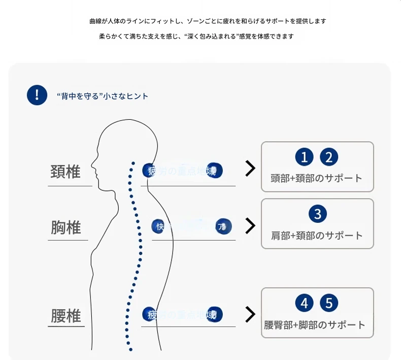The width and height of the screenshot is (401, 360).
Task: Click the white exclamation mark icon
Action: pos(37,95)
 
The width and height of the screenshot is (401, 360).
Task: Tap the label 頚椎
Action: pos(65,172)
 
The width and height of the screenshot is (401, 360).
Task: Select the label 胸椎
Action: pos(66,227)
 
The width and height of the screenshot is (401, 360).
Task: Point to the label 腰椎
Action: pos(66,316)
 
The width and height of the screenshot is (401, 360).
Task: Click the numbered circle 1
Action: pos(304,157)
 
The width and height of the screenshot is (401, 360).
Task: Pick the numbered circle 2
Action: pos(329,157)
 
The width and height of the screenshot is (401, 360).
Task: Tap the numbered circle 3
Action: pos(318,214)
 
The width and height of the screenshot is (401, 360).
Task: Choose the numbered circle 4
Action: pos(304,304)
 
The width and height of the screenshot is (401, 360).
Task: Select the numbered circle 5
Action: pos(329,304)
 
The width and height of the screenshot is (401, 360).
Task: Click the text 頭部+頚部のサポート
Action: pos(317,178)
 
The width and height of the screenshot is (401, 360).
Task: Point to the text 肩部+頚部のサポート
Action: pos(317,236)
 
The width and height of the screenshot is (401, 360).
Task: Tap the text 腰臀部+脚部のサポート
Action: pos(315,325)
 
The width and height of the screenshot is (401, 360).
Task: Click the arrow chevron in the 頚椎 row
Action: pos(250,169)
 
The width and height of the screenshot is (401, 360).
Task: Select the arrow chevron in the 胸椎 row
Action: pos(250,226)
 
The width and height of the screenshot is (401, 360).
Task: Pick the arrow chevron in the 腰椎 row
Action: pos(250,314)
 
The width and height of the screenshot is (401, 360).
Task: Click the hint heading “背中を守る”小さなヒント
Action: pos(103,95)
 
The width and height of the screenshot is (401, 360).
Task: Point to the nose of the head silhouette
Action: pos(92,165)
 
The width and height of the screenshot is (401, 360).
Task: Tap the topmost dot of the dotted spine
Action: pos(133,163)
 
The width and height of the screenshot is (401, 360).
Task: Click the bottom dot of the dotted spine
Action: pos(130,349)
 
